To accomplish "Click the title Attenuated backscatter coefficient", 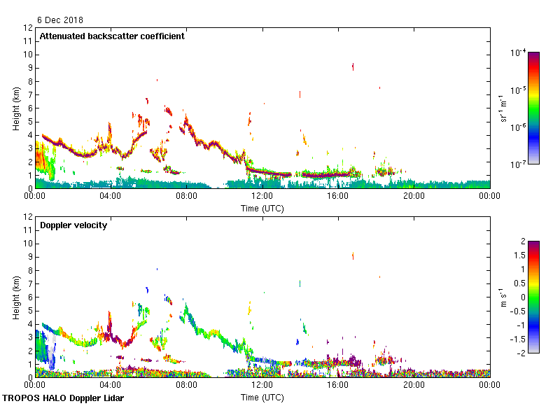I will [x=112, y=36].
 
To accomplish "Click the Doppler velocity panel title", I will [x=73, y=225].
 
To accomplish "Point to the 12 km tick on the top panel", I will [x=29, y=28].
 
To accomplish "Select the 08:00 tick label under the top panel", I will [x=186, y=196].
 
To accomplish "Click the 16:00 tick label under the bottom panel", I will [x=338, y=385].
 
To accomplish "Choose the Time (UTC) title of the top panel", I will [x=262, y=208].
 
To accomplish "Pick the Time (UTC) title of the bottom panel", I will [x=262, y=397].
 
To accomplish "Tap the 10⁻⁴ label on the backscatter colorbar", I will [x=519, y=52].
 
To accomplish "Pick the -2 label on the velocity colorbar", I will [x=521, y=352].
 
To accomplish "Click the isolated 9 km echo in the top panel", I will [x=353, y=66].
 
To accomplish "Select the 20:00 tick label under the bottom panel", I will [x=414, y=385].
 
